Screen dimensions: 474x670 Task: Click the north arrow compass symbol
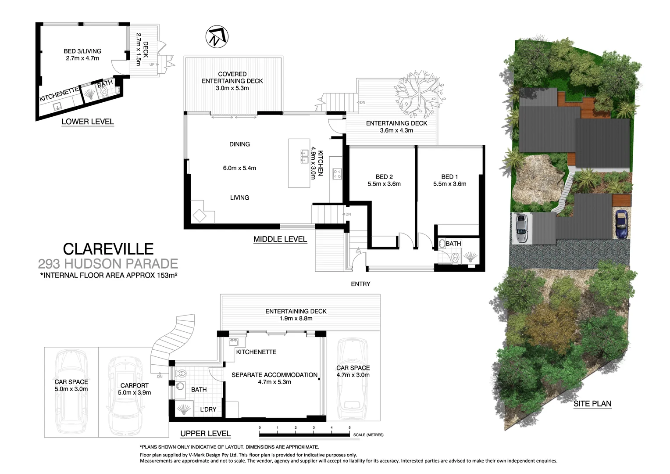[x=217, y=37]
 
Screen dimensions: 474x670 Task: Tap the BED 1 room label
[x=449, y=177]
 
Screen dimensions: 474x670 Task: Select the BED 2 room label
[x=384, y=177]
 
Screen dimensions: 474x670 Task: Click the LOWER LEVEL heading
[x=88, y=122]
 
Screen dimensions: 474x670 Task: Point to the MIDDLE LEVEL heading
[x=280, y=240]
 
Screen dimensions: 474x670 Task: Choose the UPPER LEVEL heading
[x=205, y=434]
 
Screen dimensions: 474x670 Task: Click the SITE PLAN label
[x=592, y=404]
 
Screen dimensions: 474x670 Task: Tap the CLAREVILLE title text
[x=108, y=249]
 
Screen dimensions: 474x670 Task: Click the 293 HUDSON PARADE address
[x=108, y=264]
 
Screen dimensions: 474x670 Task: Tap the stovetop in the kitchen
[x=337, y=174]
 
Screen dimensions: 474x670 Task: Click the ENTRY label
[x=360, y=284]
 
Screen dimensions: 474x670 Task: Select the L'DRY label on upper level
[x=208, y=409]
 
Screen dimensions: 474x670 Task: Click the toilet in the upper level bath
[x=181, y=374]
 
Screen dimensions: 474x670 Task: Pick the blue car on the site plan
[x=621, y=224]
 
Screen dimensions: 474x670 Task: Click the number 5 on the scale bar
[x=349, y=427]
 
